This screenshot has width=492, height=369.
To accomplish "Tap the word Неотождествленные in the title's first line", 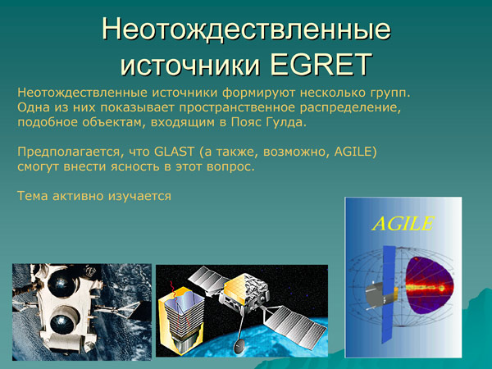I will tap(246, 29).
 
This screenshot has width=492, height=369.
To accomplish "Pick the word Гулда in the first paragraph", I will tap(284, 122).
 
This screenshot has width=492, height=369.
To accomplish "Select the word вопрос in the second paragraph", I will tap(231, 167).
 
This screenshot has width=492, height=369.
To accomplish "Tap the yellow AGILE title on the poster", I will tap(401, 222).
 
